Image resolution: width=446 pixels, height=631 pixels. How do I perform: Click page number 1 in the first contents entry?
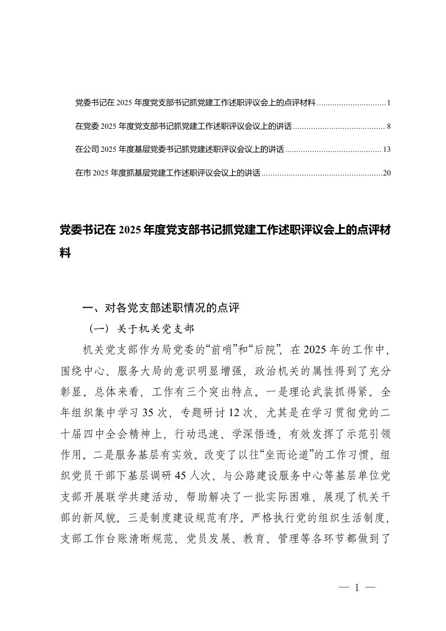pos(389,103)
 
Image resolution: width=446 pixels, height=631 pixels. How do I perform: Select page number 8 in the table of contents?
pos(389,127)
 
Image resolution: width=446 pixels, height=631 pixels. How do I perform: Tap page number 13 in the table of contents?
pos(386,150)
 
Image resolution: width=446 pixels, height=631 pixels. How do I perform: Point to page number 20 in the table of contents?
pos(386,173)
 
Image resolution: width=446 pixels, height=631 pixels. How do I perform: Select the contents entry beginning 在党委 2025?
pos(183,127)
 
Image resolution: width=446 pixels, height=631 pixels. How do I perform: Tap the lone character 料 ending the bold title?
pos(65,254)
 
